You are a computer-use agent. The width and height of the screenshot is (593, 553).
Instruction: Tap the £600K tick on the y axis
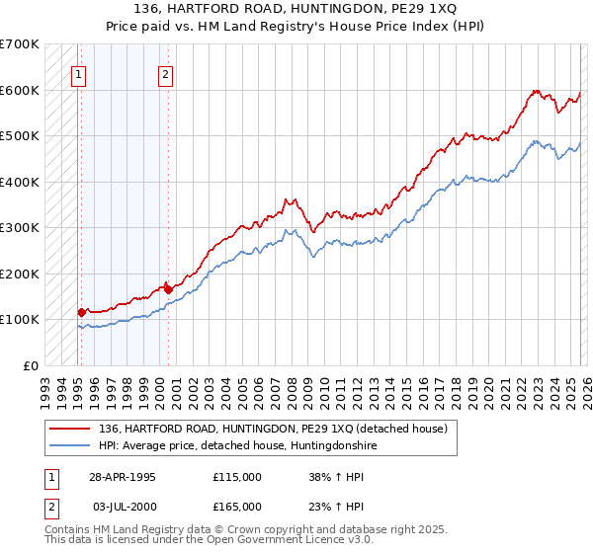(x=20, y=90)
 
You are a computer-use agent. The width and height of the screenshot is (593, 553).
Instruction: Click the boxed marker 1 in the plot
(x=78, y=73)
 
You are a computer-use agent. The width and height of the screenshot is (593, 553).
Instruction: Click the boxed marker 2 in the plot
(x=165, y=73)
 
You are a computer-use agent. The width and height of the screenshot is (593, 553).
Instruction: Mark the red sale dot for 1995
(x=82, y=312)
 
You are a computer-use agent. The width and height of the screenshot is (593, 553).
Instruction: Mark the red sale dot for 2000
(x=168, y=289)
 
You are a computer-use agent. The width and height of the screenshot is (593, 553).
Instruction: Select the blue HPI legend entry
(x=237, y=446)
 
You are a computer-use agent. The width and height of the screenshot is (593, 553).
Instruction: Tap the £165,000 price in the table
(x=237, y=506)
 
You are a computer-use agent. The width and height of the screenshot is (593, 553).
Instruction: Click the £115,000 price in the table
(x=237, y=476)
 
